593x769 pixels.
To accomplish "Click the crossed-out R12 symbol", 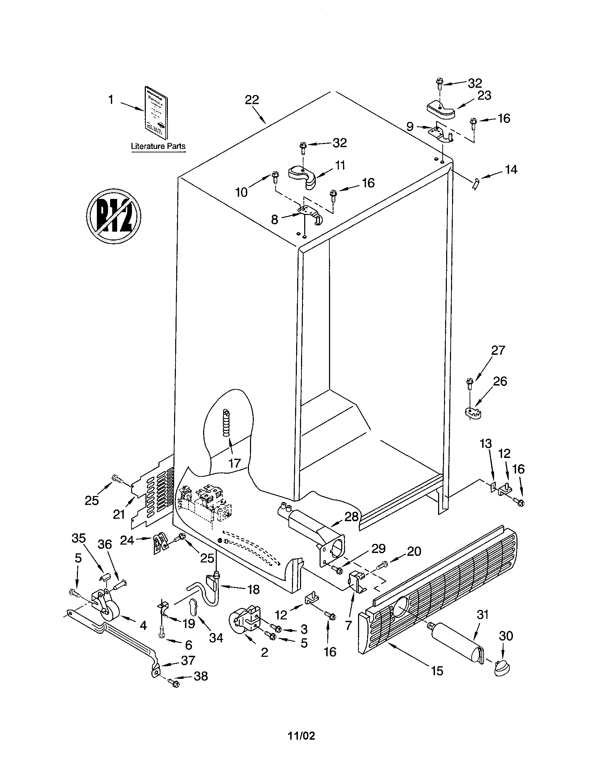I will tap(114, 215).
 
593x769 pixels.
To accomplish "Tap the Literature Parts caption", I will tap(158, 146).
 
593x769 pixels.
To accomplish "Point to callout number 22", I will tap(252, 100).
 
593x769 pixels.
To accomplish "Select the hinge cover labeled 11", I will tap(303, 175).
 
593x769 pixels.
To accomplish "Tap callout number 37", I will tap(188, 660).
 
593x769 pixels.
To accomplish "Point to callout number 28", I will tap(351, 516).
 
